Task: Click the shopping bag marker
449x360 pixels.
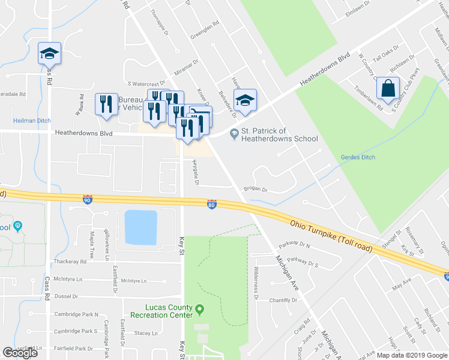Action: coord(388,90)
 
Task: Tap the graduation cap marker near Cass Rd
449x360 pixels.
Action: coord(50,55)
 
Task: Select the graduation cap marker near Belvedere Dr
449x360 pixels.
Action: coord(245,101)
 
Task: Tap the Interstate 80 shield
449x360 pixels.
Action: coord(211,204)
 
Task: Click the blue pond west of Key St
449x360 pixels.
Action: coord(140,227)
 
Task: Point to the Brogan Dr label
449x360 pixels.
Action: coord(255,190)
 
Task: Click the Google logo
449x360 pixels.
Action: coord(20,353)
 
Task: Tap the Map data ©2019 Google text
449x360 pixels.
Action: coord(411,355)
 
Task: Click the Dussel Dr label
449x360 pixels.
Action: coord(67,296)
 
